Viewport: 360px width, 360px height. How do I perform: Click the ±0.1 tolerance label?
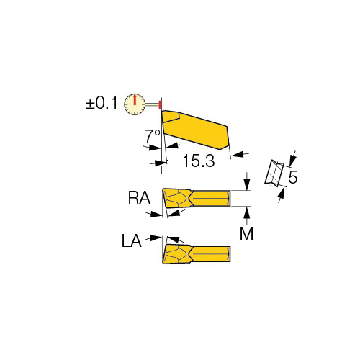pos(102,103)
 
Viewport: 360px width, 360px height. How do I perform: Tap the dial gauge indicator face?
pos(135,104)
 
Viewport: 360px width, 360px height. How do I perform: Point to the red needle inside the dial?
pos(135,100)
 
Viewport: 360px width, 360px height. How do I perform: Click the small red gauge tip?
pos(160,104)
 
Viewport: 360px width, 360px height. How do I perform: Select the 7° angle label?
pos(153,136)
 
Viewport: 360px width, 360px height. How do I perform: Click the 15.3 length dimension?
pos(199,161)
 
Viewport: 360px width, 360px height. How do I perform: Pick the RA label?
pos(139,198)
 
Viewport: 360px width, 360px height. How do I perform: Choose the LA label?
pos(132,241)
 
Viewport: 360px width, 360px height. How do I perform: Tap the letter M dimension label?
pos(246,233)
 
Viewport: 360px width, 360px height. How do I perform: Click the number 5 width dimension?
pos(293,177)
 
